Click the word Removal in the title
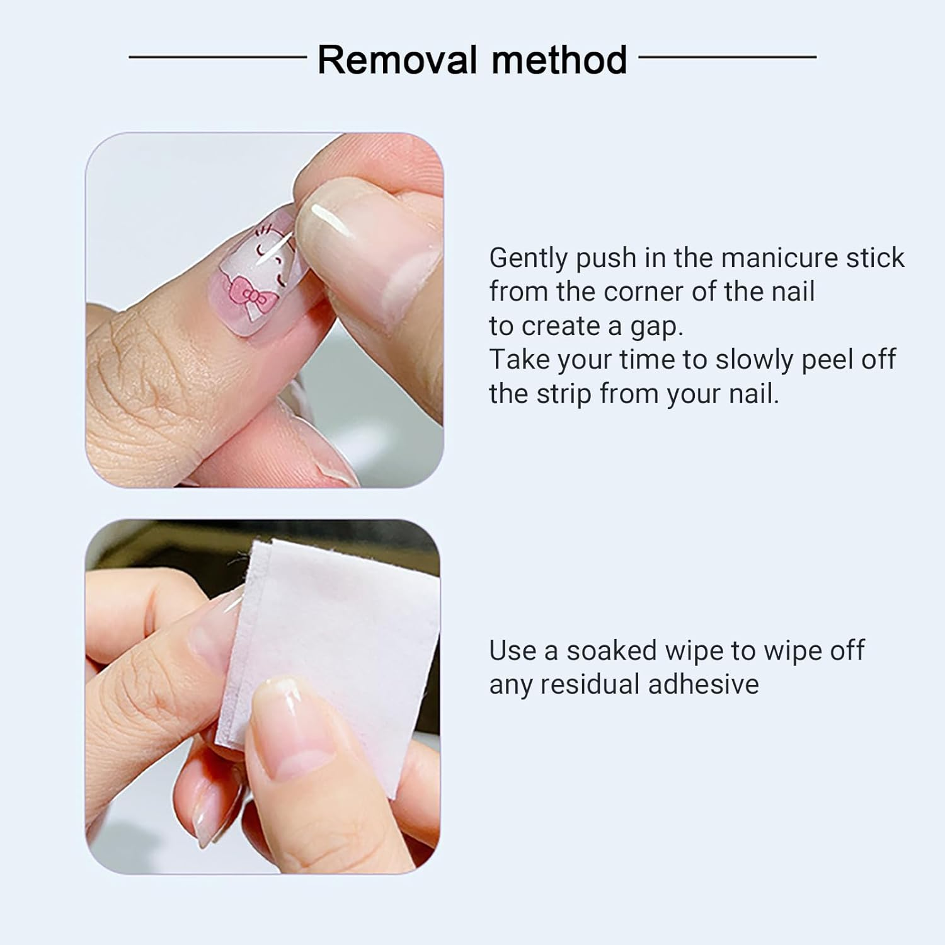point(397,60)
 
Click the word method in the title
point(559,60)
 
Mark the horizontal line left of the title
point(218,57)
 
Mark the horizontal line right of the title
point(728,57)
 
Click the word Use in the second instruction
point(514,651)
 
